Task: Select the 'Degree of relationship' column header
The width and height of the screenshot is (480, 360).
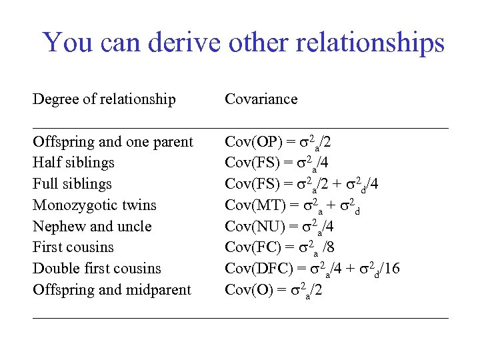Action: coord(104,99)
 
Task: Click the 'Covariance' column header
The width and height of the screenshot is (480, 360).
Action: coord(261,99)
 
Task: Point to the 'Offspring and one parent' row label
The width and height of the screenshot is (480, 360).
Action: coord(113,142)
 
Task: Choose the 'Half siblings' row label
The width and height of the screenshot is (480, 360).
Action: coord(73,163)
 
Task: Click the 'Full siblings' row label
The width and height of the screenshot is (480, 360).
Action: coord(72,184)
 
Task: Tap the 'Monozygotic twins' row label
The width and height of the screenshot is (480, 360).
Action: coord(94,205)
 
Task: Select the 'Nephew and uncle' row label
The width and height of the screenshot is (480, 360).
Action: coord(92,227)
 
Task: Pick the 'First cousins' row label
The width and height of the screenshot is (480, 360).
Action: coord(73,247)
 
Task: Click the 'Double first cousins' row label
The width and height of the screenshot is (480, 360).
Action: coord(97,269)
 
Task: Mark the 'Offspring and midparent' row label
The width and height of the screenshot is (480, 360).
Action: coord(111,290)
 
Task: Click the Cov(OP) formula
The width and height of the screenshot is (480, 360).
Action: coord(278,142)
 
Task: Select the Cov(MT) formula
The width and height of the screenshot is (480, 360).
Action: coord(293,205)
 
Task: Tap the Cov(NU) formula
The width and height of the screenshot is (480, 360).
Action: coord(279,227)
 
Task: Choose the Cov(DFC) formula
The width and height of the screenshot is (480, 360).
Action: coord(312,269)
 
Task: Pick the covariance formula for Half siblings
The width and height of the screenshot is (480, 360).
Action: coord(277,163)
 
